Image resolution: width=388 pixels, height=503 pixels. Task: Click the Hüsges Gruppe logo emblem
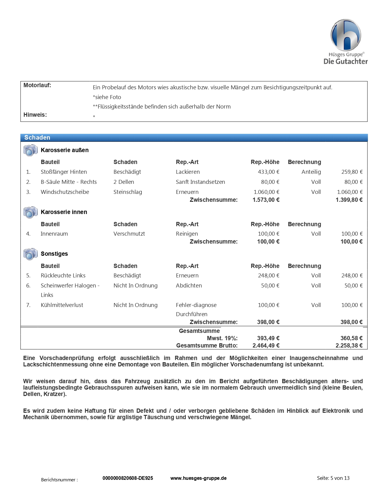tap(346, 35)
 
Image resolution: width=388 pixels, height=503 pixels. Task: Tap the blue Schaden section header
tap(194, 137)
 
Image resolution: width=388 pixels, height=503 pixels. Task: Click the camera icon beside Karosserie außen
tap(30, 150)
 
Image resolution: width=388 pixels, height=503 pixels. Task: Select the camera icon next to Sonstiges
tap(30, 254)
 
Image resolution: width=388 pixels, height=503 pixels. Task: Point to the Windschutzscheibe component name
tap(65, 192)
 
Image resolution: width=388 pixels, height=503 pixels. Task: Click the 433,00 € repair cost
tap(268, 172)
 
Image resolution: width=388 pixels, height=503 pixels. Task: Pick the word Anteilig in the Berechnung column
tap(311, 172)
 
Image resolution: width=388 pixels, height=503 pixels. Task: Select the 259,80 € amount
tap(352, 172)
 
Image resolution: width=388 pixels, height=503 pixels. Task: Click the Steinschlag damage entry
tap(128, 192)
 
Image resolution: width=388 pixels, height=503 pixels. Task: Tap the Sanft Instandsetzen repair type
tap(200, 182)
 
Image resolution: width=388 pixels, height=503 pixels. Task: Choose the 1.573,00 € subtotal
tap(266, 200)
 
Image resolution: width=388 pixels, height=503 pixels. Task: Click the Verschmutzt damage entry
tap(129, 234)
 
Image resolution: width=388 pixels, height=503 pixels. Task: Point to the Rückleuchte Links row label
tap(63, 276)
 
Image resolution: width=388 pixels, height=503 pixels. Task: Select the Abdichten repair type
tap(189, 286)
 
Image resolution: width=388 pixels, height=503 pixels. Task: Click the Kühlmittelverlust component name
tap(62, 305)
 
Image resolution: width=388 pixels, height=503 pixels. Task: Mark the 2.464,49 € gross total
tap(266, 346)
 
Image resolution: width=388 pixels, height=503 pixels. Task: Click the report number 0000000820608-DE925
tap(128, 478)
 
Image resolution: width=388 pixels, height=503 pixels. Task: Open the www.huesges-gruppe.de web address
tap(198, 478)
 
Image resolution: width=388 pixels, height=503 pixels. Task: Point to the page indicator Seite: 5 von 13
tap(333, 478)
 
